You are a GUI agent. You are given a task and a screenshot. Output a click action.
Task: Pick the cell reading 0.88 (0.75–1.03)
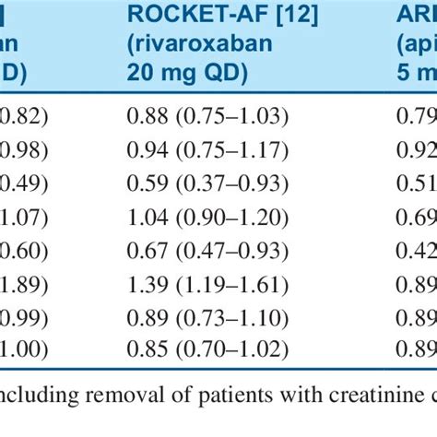click(207, 116)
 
